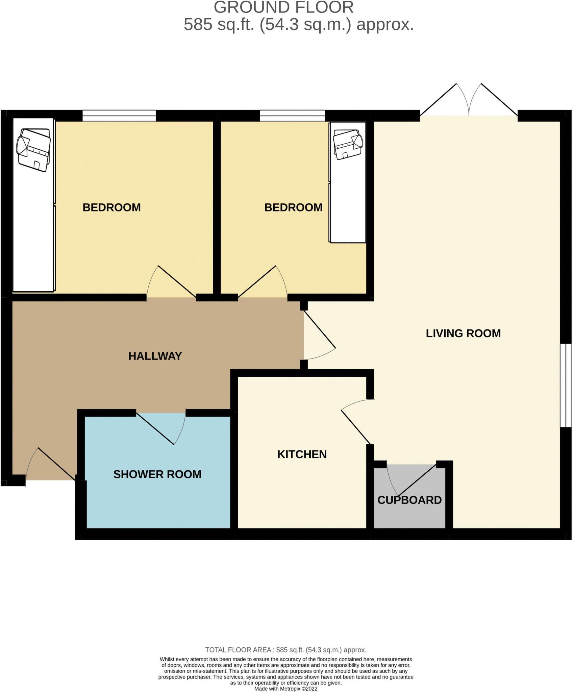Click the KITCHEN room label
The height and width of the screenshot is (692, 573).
tap(302, 454)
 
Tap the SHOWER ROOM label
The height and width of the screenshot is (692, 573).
tap(157, 474)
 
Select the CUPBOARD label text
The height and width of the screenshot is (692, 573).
tap(409, 500)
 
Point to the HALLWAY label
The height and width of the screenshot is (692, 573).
tap(155, 356)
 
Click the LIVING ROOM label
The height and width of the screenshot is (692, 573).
tap(463, 333)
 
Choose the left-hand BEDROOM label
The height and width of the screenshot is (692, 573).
tap(111, 207)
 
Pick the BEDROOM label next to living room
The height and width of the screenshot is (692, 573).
tap(293, 207)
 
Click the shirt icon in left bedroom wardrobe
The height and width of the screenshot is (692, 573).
tap(34, 150)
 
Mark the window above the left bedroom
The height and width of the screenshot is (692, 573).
tap(119, 116)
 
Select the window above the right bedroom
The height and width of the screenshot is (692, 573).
tap(292, 116)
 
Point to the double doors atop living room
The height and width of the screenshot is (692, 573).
tap(469, 101)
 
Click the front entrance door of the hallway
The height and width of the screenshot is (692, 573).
tap(51, 465)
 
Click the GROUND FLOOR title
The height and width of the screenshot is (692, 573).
tap(284, 7)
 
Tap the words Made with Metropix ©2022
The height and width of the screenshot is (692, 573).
tap(286, 689)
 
